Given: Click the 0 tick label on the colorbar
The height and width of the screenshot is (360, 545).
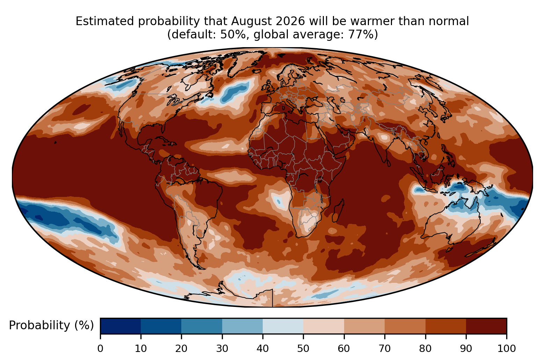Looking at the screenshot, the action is click(100, 349).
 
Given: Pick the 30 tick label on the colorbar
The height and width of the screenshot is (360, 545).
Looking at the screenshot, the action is click(222, 349).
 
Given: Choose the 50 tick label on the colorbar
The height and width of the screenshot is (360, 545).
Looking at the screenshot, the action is click(303, 349).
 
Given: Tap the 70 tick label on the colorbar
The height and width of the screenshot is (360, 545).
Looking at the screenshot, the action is click(385, 349).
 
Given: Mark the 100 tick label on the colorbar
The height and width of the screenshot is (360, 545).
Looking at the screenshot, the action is click(507, 349).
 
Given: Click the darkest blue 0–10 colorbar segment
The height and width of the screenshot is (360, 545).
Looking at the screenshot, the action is click(121, 326).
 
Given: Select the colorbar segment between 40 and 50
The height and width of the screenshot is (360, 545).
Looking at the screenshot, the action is click(283, 326).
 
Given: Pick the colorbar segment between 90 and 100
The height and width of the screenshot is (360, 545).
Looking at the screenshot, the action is click(486, 326).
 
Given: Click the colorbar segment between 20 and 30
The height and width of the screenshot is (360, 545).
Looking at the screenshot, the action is click(202, 326).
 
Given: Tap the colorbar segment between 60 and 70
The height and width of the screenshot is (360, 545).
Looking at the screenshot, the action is click(364, 326).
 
